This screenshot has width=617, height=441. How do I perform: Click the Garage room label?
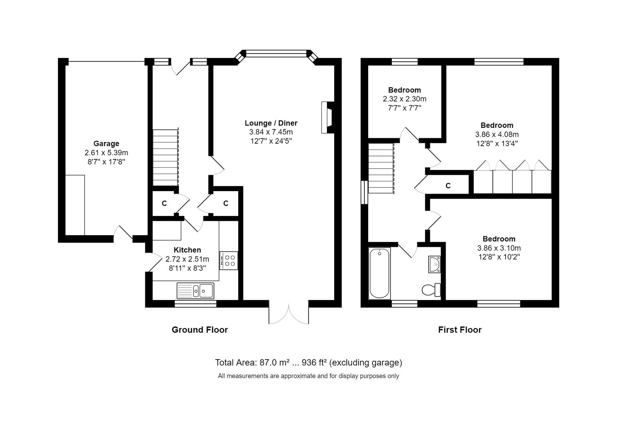(x=106, y=143)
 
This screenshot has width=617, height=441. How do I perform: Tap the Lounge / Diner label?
(x=271, y=123)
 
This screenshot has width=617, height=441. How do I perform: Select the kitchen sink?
(x=195, y=291)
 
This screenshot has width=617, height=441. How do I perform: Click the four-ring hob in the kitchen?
(x=229, y=261)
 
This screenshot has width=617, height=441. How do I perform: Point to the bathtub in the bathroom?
(x=380, y=273)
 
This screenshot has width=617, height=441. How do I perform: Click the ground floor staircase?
(x=166, y=157)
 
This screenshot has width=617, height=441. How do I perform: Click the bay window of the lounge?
(x=276, y=53)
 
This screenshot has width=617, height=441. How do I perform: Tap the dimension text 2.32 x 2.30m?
(x=404, y=99)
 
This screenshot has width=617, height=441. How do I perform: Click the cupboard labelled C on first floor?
(x=448, y=186)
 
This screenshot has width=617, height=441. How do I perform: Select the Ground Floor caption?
(x=200, y=330)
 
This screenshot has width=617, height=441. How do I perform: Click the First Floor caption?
(x=459, y=330)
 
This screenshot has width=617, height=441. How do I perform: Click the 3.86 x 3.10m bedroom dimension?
(x=499, y=248)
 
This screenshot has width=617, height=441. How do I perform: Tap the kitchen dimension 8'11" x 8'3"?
(x=187, y=268)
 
